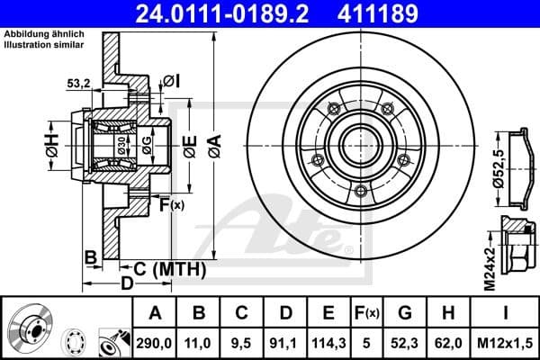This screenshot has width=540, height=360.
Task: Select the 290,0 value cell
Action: pos(155,341)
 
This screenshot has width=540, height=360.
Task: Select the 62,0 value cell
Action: pos(449,341)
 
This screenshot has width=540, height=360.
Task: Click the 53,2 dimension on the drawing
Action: pos(79,84)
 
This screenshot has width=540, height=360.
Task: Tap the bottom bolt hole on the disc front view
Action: pos(361,190)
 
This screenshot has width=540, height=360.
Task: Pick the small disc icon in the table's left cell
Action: pos(31,327)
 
